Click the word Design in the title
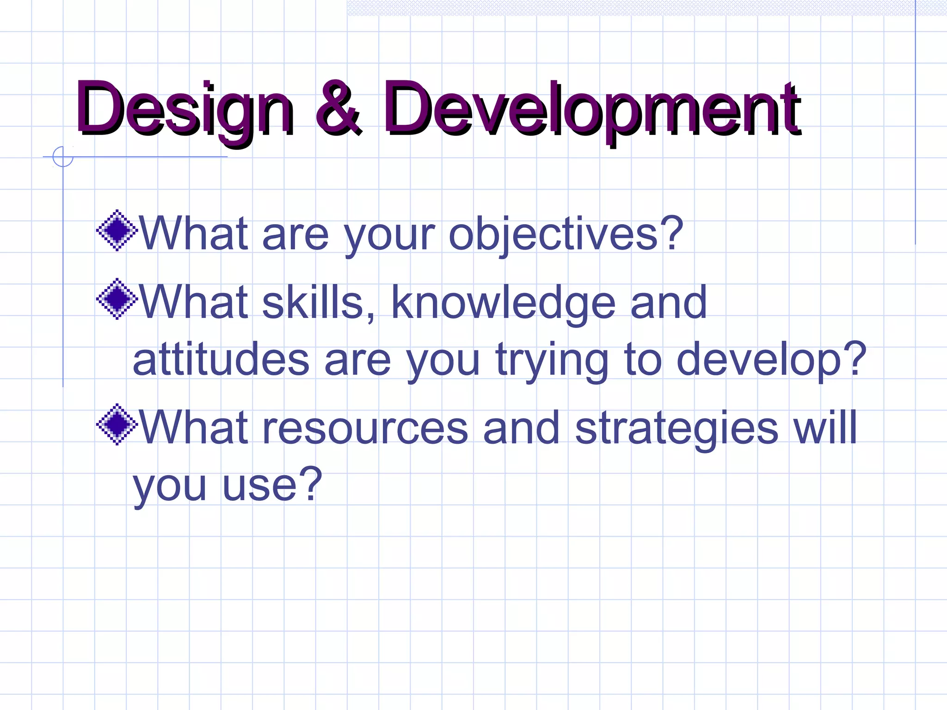coord(185,110)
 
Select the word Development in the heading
coord(592,110)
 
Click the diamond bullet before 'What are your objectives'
coord(117,230)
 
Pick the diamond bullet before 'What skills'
coord(117,299)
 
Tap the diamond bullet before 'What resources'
coord(117,424)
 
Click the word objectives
coord(553,235)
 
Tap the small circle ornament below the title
coord(63,157)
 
